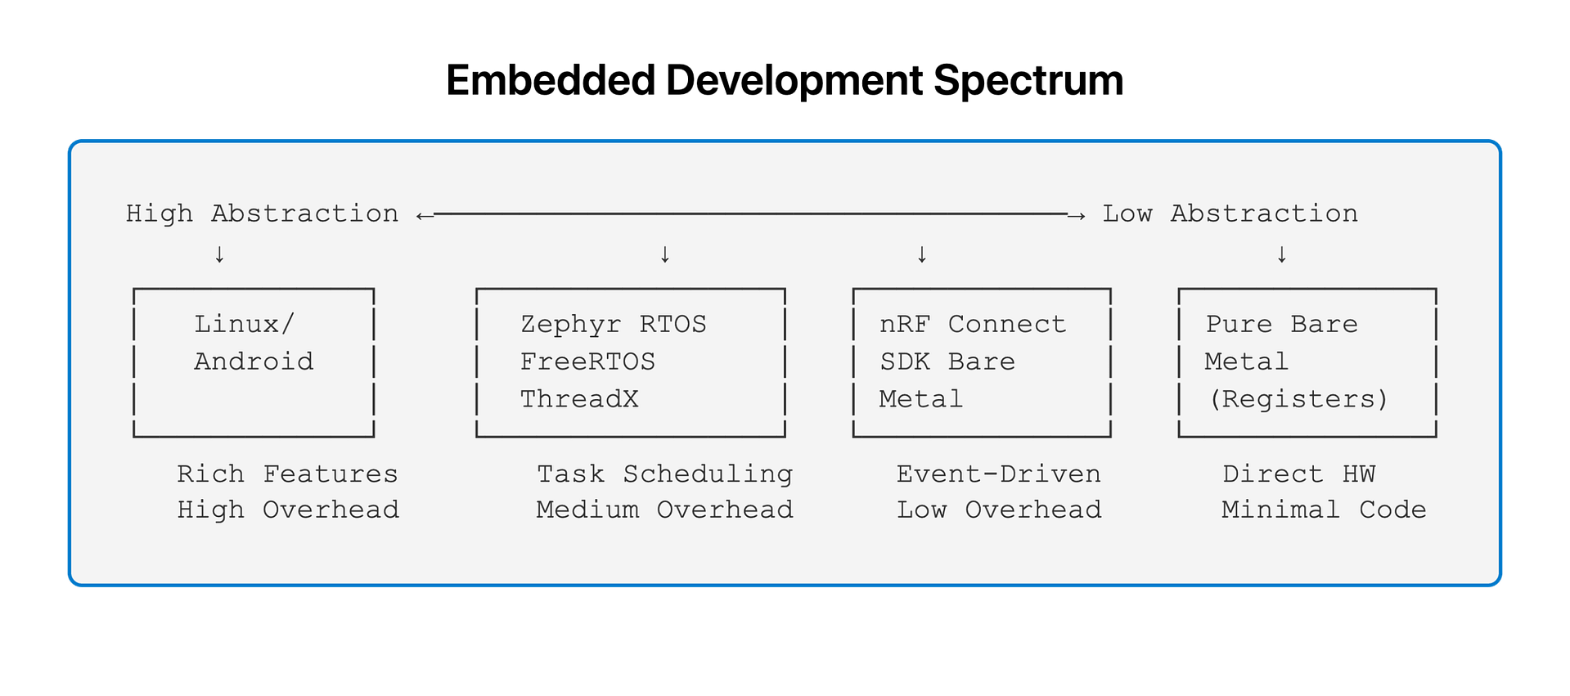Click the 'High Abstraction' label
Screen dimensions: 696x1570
click(262, 213)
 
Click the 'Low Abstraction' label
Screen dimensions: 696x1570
click(1230, 213)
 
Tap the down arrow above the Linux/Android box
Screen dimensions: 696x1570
click(219, 254)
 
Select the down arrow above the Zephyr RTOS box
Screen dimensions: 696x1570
click(665, 254)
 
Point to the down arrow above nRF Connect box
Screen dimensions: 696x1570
click(922, 254)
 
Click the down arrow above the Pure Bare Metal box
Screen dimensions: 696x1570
click(1282, 254)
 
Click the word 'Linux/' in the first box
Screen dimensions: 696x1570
click(244, 324)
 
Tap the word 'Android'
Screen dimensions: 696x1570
click(254, 361)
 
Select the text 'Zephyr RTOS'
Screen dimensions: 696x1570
click(614, 324)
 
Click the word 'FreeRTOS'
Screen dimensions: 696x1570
click(587, 361)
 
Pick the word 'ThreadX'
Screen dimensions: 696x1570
click(579, 399)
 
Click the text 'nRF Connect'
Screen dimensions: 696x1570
click(973, 324)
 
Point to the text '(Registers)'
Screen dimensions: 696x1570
click(1298, 399)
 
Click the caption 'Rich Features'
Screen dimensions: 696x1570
click(287, 474)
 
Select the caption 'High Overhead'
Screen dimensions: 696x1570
click(288, 510)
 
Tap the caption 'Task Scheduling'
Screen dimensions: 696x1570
click(664, 474)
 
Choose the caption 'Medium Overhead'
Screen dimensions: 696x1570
click(664, 510)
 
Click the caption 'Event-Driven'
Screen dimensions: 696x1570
click(998, 474)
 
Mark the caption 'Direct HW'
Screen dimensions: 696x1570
click(1298, 474)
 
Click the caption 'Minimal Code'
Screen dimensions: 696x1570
click(1324, 510)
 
